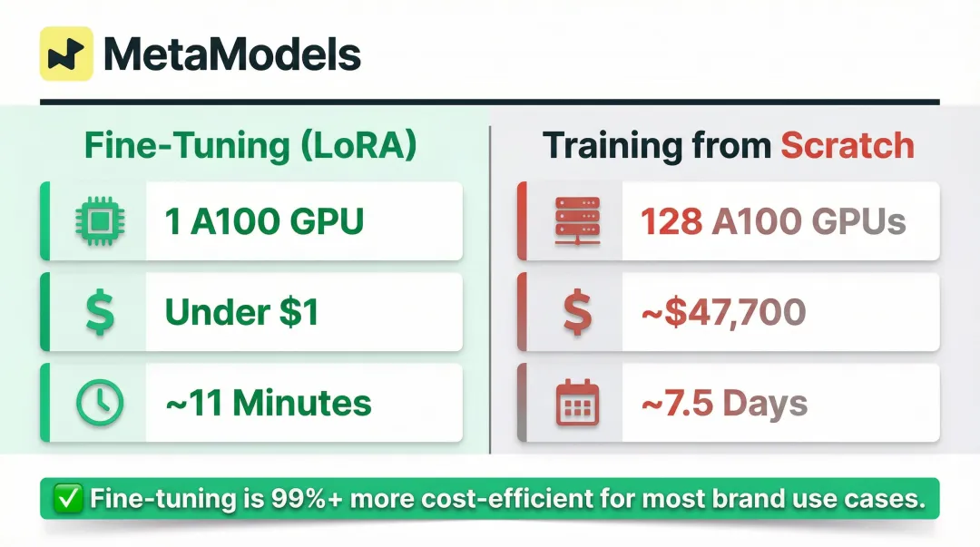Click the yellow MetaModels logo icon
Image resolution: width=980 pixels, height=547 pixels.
(66, 54)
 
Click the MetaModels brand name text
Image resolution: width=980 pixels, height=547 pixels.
(232, 55)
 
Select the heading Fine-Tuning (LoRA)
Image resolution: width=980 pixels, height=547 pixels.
(250, 146)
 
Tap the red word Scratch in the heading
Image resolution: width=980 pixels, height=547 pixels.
(847, 146)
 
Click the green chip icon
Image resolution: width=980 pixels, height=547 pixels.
(100, 221)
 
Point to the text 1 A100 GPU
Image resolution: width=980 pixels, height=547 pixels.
(264, 221)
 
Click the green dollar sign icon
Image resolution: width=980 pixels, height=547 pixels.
(100, 312)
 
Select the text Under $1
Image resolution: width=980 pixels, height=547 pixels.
(241, 312)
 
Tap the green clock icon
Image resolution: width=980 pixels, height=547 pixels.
(100, 403)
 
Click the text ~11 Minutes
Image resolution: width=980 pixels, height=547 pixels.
(268, 403)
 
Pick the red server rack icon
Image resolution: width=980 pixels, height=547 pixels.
(577, 221)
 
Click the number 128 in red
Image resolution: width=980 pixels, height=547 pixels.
(671, 221)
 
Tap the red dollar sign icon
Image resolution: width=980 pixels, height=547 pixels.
(577, 312)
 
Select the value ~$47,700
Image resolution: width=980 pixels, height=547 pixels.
(723, 312)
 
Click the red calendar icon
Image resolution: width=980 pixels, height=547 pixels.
(577, 403)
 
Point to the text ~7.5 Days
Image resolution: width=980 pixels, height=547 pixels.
(724, 403)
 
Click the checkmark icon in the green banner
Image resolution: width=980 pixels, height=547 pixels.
(69, 499)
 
